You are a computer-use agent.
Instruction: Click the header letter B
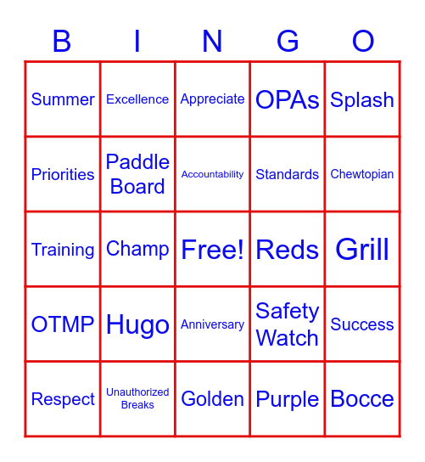tap(62, 41)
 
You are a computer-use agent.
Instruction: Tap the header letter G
tap(288, 41)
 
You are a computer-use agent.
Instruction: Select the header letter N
tap(212, 41)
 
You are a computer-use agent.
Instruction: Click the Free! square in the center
tap(212, 250)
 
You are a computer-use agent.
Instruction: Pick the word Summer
tap(63, 99)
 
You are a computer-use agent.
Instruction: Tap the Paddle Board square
tap(137, 174)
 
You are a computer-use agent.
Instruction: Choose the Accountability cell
tap(212, 174)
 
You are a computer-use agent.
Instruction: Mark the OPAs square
tap(288, 99)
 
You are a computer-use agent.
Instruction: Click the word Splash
tap(362, 99)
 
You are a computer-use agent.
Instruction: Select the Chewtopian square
tap(362, 174)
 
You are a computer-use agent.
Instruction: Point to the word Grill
tap(362, 250)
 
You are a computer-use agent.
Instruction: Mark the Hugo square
tap(137, 324)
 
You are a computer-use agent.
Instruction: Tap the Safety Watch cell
tap(288, 324)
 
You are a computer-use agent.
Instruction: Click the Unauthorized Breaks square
tap(137, 399)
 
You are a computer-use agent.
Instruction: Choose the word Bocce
tap(362, 399)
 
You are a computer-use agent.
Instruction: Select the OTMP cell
tap(63, 324)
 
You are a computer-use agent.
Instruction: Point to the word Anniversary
tap(212, 324)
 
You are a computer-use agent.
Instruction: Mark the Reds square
tap(288, 250)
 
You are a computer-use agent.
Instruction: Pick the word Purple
tap(288, 399)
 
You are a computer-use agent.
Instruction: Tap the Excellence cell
tap(137, 99)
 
